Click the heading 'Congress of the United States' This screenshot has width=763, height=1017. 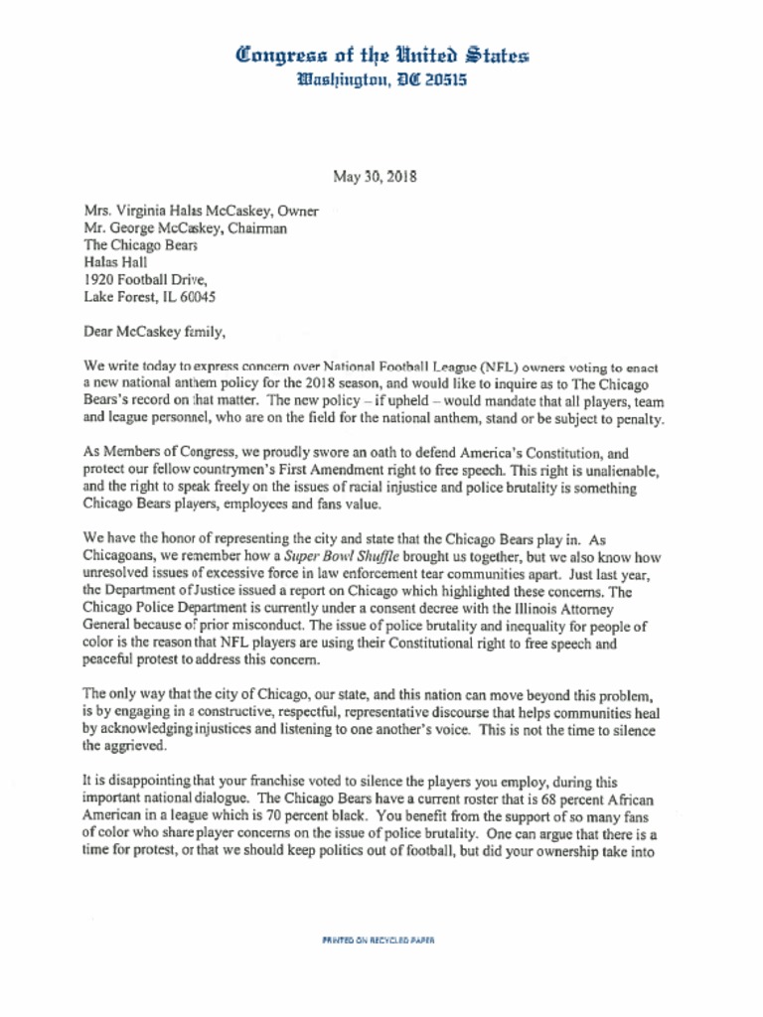(381, 55)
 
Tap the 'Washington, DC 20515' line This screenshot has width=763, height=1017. (381, 78)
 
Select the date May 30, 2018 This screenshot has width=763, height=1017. (375, 178)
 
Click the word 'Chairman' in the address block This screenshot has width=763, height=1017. (256, 228)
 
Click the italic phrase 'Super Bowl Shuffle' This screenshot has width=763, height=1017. (340, 557)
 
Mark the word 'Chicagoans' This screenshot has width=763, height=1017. (119, 557)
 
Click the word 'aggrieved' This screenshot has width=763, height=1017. (136, 746)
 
